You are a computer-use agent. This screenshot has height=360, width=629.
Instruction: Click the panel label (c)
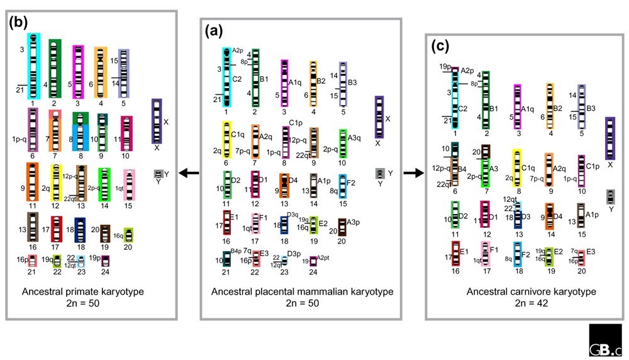coord(440,46)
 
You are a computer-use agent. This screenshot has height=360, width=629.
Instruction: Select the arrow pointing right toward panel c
coord(412,173)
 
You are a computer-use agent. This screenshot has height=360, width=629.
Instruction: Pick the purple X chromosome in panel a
coord(379,117)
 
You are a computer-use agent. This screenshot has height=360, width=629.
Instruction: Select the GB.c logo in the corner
coord(605,340)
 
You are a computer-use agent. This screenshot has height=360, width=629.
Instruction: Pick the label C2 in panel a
coord(237,80)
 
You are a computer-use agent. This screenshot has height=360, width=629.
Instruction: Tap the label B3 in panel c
coord(591,108)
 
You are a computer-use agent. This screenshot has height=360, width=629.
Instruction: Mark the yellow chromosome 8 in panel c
coord(518,168)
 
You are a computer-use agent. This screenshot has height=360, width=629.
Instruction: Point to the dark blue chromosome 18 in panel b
coord(80,230)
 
